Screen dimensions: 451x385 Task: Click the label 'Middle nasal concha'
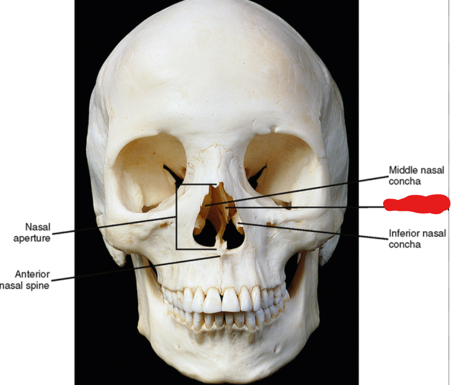(x=416, y=175)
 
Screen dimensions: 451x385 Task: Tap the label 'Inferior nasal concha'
(x=417, y=239)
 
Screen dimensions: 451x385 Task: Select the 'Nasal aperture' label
(x=32, y=233)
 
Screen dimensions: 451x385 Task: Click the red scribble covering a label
(x=417, y=204)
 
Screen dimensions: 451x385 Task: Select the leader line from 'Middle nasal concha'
(x=306, y=189)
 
